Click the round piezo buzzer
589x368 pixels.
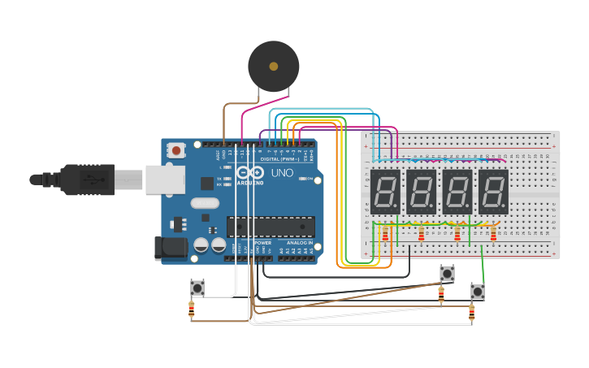click(x=274, y=67)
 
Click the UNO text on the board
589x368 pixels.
click(x=282, y=173)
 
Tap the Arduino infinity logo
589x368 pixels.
click(x=252, y=172)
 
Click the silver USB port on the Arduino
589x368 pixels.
click(x=165, y=180)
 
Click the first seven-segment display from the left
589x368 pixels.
click(x=386, y=192)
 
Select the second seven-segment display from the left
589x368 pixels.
click(x=422, y=192)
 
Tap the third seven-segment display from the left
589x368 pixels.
click(x=457, y=192)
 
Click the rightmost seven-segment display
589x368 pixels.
click(x=493, y=192)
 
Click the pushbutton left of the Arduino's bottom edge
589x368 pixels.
click(x=197, y=287)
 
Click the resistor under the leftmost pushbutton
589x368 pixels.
click(x=192, y=309)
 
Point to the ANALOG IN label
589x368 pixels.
click(x=297, y=242)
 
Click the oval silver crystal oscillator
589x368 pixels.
click(x=206, y=203)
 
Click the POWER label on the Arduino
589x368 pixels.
click(x=263, y=242)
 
